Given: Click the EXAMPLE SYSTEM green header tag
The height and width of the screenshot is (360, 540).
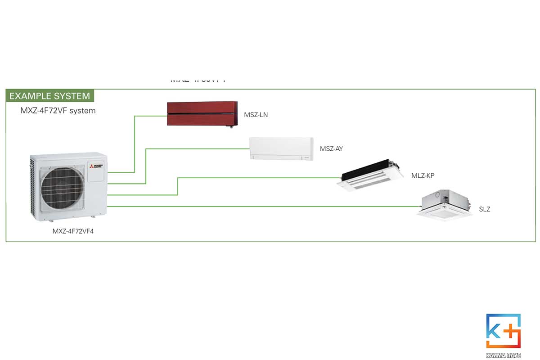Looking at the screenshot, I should pos(49,96).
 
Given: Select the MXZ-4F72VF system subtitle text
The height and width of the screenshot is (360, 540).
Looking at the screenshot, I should pos(58,110).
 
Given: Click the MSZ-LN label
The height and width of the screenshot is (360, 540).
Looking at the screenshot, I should pos(256,115).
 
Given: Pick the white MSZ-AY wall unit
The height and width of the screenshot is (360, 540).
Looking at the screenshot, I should pos(281,148).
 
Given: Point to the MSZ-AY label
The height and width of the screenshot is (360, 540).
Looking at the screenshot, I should pos(331,148).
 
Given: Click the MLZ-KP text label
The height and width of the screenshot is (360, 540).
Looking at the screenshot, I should pos(423,175).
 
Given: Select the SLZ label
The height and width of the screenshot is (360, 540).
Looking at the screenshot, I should pos(484,209).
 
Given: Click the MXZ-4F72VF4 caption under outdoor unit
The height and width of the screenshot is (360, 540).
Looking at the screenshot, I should pos(76,232).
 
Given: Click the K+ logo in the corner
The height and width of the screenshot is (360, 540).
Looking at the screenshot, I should pos(503,331).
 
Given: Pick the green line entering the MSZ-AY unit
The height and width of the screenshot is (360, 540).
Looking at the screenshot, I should pos(198,148).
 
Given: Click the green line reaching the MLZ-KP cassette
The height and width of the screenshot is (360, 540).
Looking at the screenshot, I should pos(256,178).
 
